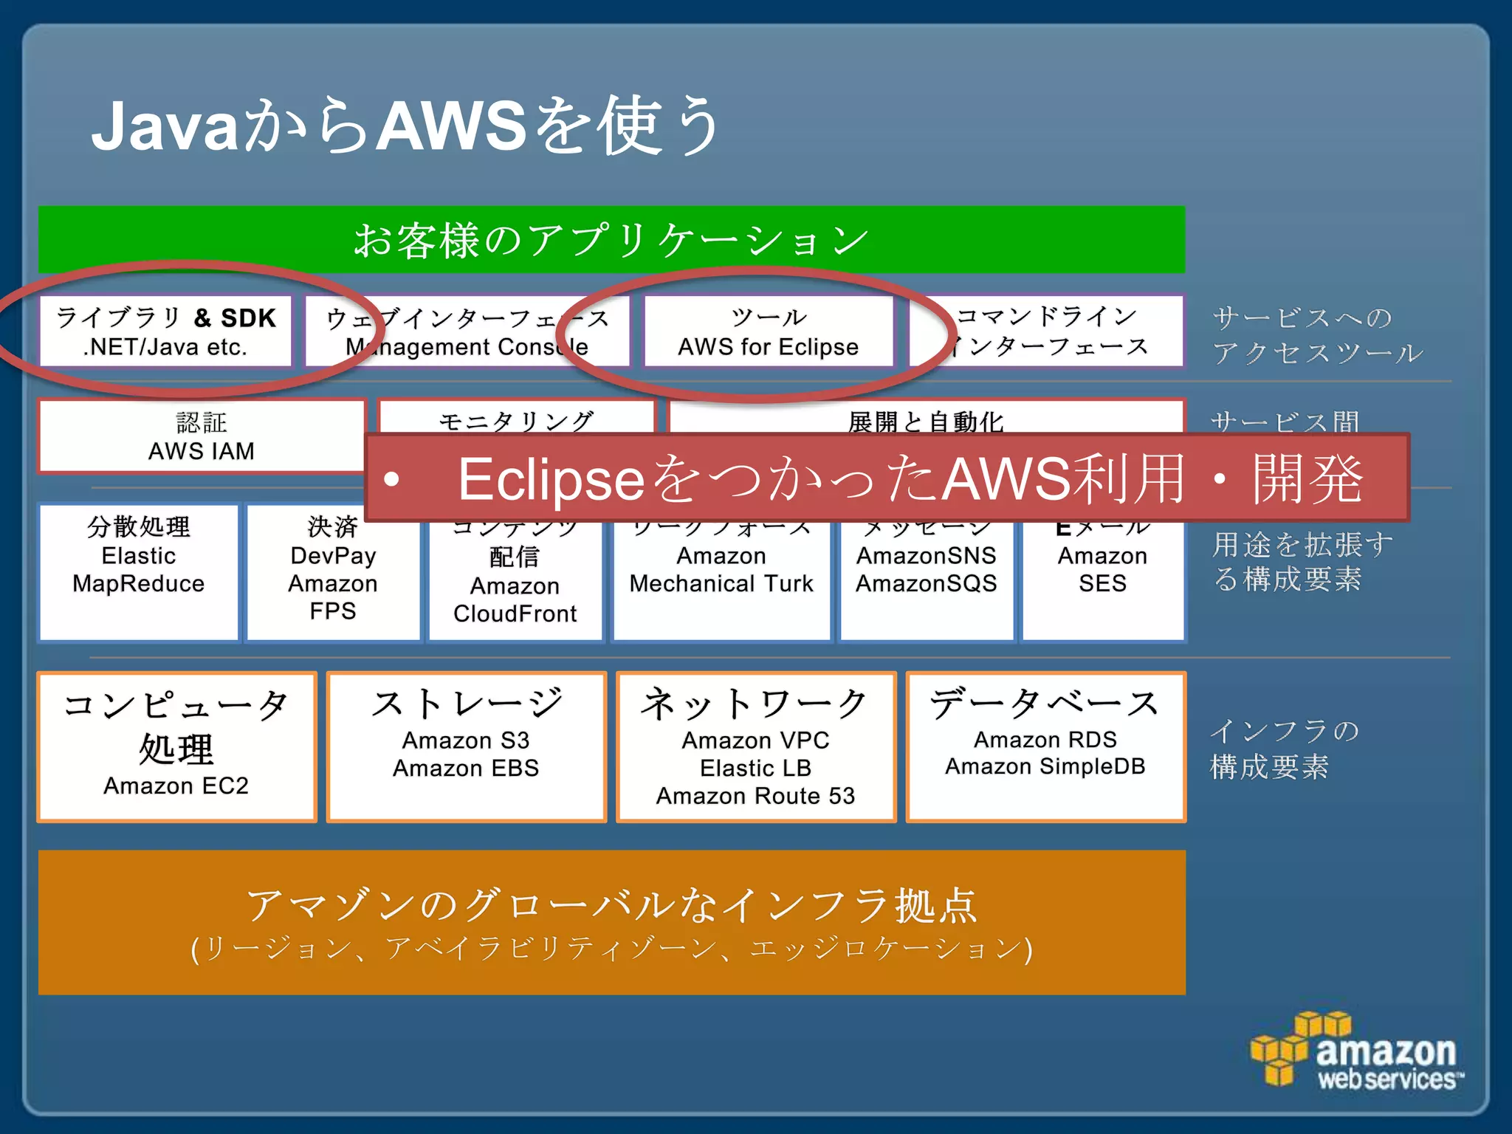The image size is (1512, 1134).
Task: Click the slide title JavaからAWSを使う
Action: (405, 126)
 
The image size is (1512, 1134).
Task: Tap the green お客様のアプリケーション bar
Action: (611, 240)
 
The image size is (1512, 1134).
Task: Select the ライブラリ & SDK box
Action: (165, 331)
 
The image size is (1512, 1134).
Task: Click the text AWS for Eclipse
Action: (768, 347)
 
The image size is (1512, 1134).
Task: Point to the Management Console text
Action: (467, 347)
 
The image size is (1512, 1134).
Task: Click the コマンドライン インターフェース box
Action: (1047, 331)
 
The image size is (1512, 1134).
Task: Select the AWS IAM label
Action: (201, 451)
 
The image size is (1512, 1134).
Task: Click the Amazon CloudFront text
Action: (515, 600)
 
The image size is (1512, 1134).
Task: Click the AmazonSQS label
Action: (926, 584)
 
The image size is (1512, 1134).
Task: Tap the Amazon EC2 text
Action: (176, 786)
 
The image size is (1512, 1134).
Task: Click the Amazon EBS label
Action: (466, 769)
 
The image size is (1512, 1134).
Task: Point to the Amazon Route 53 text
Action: (755, 797)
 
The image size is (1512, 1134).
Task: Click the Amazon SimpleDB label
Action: (1045, 767)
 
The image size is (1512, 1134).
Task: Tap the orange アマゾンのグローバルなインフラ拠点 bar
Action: (611, 922)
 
